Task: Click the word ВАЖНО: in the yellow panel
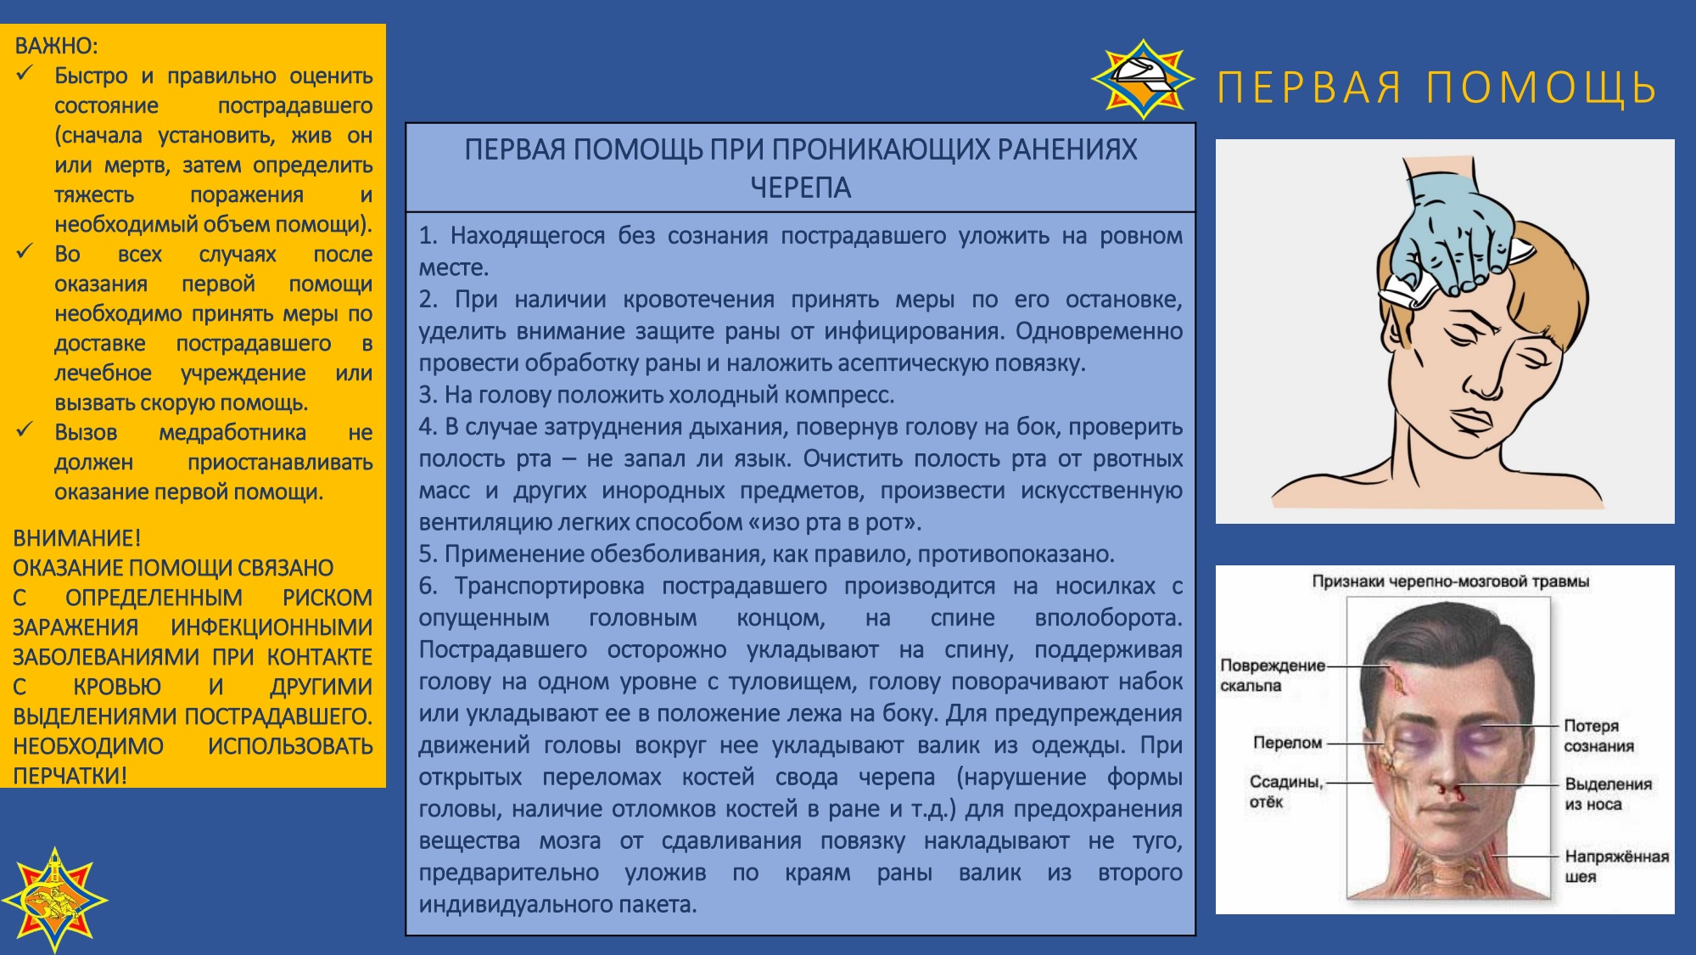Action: click(x=56, y=46)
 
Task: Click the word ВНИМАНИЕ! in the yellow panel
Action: click(x=76, y=538)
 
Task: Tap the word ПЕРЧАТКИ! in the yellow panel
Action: click(x=70, y=776)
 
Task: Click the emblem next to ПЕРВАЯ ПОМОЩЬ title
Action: click(x=1142, y=79)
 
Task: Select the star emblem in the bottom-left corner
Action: click(x=55, y=899)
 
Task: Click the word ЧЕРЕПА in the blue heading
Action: click(x=800, y=188)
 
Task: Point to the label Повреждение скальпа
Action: click(x=1272, y=676)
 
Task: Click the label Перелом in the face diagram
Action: click(x=1287, y=743)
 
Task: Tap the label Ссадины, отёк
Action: click(x=1285, y=791)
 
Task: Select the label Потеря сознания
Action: click(x=1598, y=736)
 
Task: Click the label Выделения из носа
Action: click(x=1608, y=794)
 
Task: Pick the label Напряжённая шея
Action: click(x=1616, y=867)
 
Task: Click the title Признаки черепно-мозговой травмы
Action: click(x=1450, y=581)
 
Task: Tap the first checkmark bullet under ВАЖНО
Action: click(x=25, y=74)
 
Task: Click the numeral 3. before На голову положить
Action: click(x=428, y=395)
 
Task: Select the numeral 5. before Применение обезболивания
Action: click(x=428, y=554)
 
